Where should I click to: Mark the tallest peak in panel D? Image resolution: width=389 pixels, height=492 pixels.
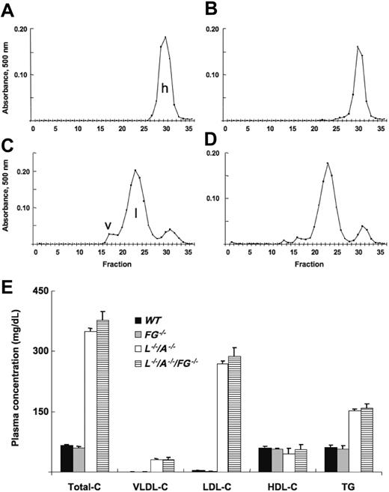327,163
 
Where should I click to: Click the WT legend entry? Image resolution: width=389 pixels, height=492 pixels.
166,321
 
